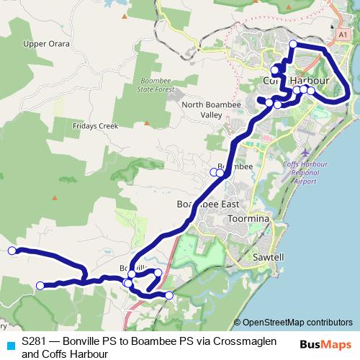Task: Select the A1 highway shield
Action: tap(343, 34)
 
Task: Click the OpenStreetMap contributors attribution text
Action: tap(293, 323)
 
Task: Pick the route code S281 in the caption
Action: tap(35, 343)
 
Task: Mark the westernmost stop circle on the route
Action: tap(12, 251)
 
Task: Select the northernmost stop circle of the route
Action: tap(293, 45)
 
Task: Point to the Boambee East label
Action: tap(207, 204)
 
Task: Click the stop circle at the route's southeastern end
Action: tap(169, 295)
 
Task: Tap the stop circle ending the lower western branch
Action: tap(40, 285)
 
